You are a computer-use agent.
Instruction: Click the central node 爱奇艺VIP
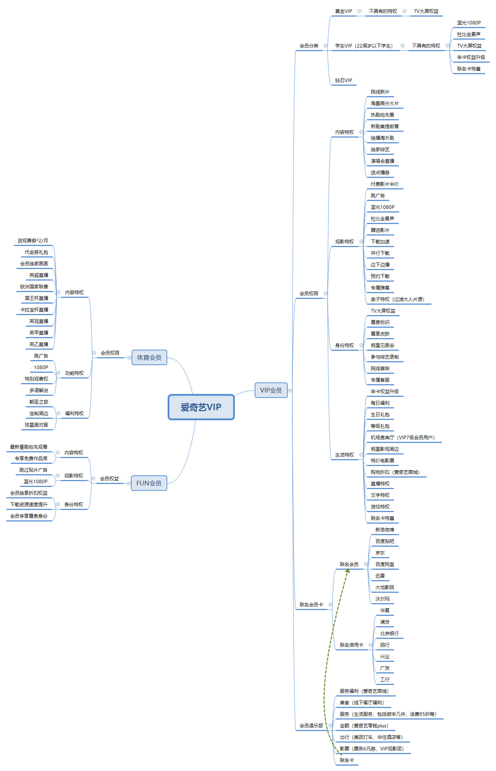201,407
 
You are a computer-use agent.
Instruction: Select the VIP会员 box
271,390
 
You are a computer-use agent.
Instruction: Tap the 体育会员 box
149,357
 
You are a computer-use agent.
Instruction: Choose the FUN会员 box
149,483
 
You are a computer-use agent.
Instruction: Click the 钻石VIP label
343,80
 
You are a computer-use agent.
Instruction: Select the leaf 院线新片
380,92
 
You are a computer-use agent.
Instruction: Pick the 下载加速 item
380,242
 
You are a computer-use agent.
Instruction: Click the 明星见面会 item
382,345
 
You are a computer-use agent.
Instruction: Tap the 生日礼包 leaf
380,414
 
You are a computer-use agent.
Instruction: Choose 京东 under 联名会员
380,553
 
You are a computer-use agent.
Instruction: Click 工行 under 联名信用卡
384,680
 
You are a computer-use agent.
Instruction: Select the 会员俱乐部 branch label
311,726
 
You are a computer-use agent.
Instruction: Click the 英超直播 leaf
39,275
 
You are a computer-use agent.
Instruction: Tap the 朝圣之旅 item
39,402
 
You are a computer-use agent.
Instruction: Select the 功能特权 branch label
74,373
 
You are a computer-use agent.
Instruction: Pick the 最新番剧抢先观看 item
29,447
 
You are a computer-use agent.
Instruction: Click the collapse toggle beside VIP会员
290,390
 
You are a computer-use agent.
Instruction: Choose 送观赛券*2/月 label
33,241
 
